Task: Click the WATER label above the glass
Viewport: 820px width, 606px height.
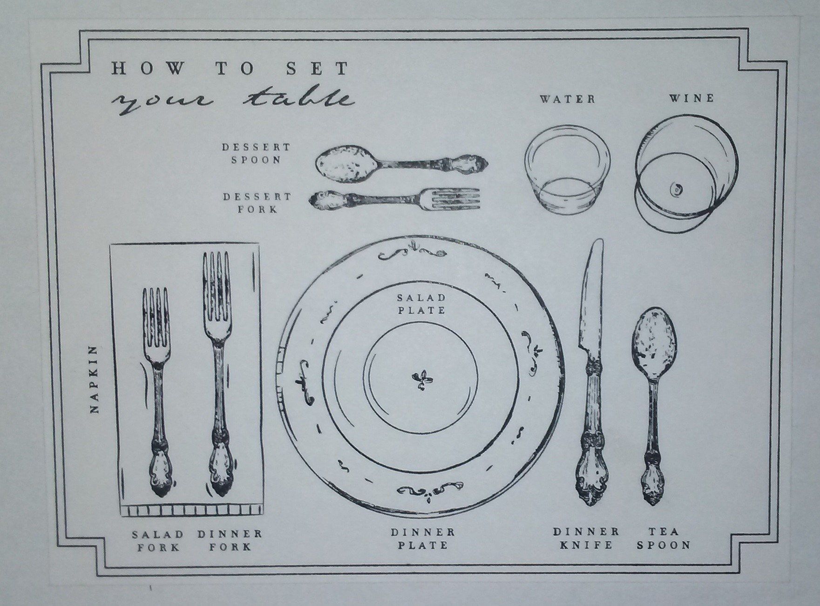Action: [x=567, y=99]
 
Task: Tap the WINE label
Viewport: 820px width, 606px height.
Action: [x=691, y=98]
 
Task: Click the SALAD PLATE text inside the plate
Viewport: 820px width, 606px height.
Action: [x=421, y=304]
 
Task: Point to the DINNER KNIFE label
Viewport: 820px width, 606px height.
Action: [x=586, y=538]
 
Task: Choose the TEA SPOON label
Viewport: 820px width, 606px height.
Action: [x=664, y=538]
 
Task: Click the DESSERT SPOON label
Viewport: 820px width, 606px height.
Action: [x=256, y=153]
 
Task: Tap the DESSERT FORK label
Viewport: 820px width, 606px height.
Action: [x=257, y=203]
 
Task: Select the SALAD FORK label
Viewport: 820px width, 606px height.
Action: [x=157, y=540]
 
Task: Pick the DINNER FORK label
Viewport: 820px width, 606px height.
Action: [x=230, y=540]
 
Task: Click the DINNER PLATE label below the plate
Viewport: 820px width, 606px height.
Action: [x=423, y=538]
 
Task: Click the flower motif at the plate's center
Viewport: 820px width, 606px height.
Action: [x=422, y=379]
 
